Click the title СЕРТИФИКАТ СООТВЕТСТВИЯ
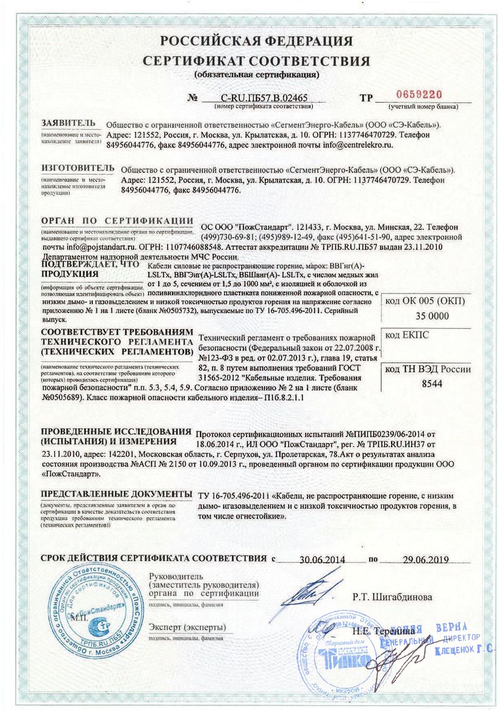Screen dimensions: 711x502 click(x=256, y=61)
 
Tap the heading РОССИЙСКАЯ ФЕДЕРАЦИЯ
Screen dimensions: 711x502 click(x=256, y=42)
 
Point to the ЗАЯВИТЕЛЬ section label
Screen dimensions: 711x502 click(x=68, y=123)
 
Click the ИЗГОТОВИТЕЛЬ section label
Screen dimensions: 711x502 click(x=77, y=168)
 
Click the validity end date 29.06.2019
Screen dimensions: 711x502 click(x=425, y=559)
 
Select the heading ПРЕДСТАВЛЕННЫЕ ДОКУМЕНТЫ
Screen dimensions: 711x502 click(x=112, y=493)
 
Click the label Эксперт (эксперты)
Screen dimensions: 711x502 click(x=187, y=627)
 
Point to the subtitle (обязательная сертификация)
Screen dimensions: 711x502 click(x=256, y=75)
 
